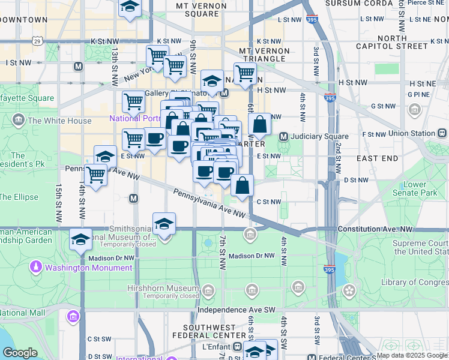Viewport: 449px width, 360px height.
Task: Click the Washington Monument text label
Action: [88, 268]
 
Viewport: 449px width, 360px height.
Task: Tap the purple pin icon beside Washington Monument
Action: [37, 266]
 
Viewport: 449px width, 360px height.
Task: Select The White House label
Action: [59, 121]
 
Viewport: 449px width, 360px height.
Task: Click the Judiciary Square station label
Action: [319, 136]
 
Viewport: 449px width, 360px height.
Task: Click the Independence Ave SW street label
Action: [237, 310]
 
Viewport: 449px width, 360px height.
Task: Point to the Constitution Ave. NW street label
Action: [375, 229]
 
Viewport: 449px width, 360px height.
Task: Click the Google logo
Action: [20, 353]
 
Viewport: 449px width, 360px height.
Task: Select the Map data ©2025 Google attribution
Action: [412, 355]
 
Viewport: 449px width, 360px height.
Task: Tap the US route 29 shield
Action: [37, 41]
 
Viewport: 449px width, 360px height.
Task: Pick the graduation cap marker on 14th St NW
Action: [80, 238]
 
